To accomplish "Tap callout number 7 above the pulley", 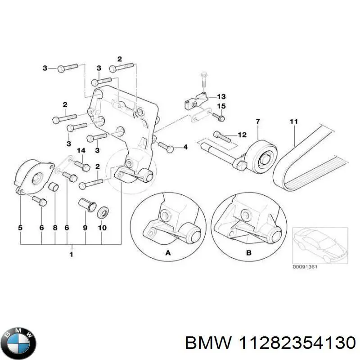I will (258, 121).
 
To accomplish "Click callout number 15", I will (221, 106).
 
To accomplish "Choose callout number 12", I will (242, 135).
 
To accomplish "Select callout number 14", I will (81, 150).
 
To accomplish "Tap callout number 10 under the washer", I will (102, 228).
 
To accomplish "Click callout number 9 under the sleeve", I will (85, 228).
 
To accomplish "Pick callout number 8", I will (55, 228).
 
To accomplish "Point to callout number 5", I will (20, 228).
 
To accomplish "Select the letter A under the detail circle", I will (168, 253).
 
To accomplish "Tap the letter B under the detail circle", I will (249, 253).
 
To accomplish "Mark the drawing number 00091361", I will (305, 266).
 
